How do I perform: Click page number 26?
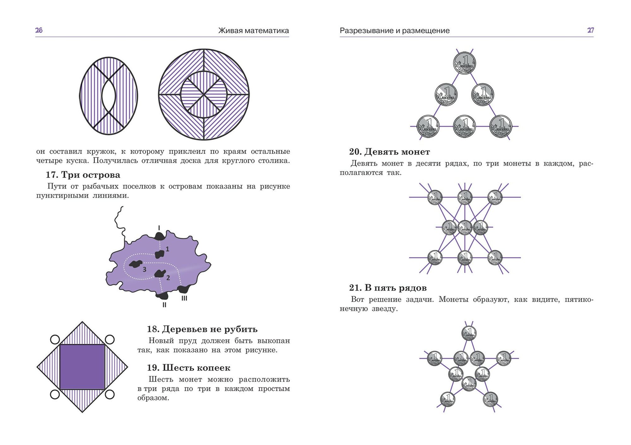[x=39, y=30]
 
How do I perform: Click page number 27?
[x=590, y=30]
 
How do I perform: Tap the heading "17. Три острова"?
[x=83, y=175]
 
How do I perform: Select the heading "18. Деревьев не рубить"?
[x=202, y=329]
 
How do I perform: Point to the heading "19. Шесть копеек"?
[x=189, y=368]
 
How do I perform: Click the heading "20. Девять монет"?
[x=389, y=152]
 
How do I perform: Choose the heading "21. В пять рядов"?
[x=388, y=288]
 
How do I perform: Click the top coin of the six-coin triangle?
[x=464, y=63]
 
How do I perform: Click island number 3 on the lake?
[x=136, y=264]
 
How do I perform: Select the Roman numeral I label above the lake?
[x=159, y=228]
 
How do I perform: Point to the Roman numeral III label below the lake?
[x=184, y=298]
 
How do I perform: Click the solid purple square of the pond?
[x=82, y=367]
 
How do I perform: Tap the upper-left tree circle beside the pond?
[x=55, y=340]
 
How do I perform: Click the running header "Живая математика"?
[x=253, y=31]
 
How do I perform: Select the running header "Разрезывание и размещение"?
[x=394, y=31]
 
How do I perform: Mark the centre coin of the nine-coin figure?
[x=465, y=227]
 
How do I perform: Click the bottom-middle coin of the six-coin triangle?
[x=464, y=126]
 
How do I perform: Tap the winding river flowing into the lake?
[x=119, y=221]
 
